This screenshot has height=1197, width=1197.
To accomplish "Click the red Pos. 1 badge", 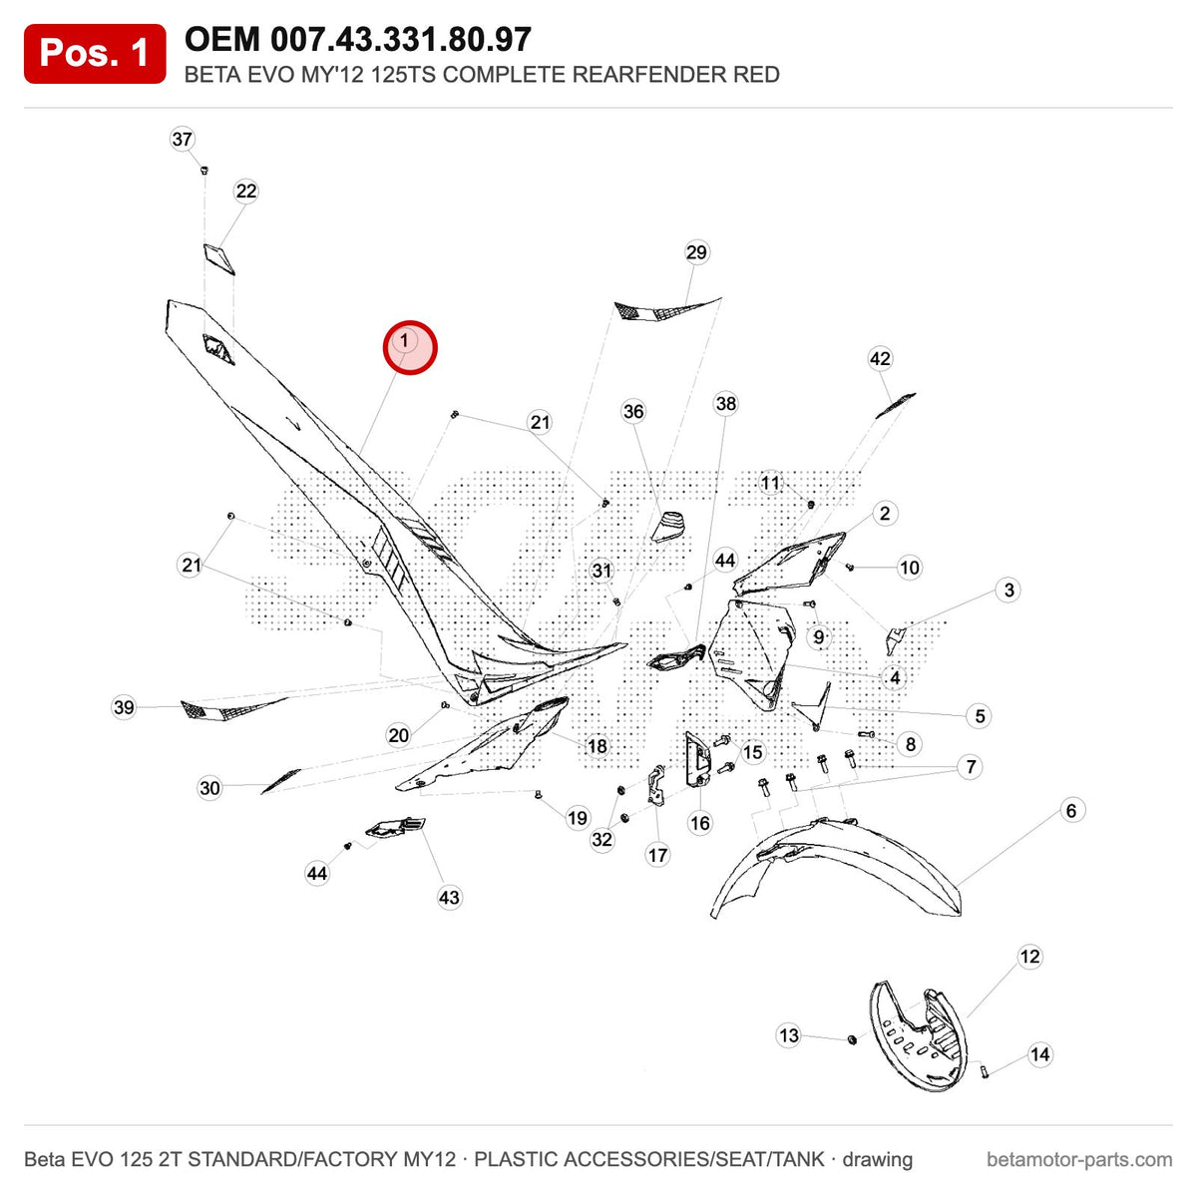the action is click(95, 54).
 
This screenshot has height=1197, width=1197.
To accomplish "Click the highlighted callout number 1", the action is click(410, 348).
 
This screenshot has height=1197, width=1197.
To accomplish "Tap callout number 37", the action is click(182, 139).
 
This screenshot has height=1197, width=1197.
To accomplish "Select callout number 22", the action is click(246, 191).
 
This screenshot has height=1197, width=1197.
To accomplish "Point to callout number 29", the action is click(696, 252).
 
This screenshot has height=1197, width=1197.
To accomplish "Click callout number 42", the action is click(880, 358).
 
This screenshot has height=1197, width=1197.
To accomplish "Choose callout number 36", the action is click(633, 411).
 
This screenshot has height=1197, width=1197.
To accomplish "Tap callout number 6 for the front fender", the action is click(1071, 810).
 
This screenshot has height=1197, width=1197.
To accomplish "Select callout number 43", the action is click(449, 897).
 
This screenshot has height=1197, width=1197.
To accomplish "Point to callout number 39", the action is click(124, 707).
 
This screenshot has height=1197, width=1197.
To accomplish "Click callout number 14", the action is click(1039, 1054).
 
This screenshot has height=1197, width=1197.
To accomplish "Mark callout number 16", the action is click(700, 823).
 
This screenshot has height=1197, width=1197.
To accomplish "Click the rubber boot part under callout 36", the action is click(667, 526).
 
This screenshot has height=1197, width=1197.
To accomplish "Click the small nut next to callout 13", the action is click(852, 1039).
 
